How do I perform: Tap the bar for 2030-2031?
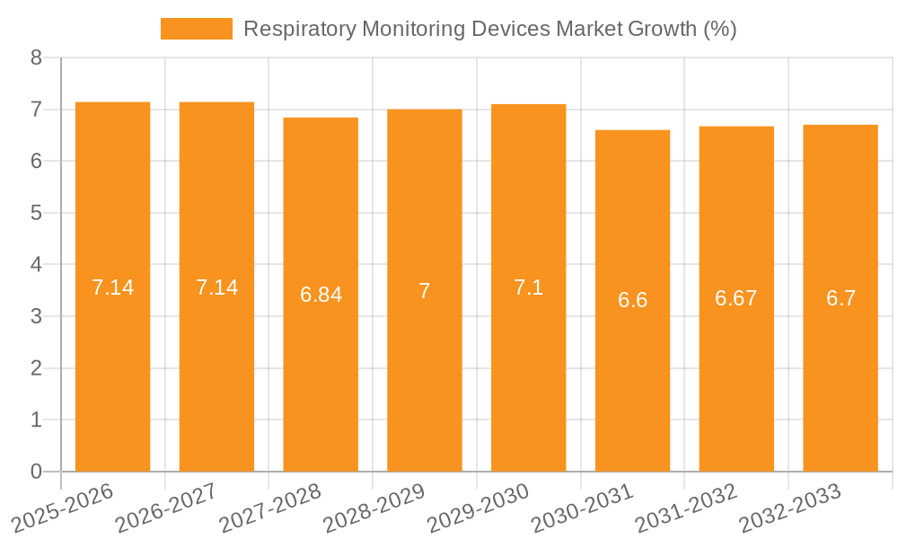pos(632,377)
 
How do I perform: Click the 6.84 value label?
pos(321,295)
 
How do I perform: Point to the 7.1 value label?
pos(528,287)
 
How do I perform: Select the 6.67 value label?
pos(736,298)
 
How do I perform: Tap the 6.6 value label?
pos(632,300)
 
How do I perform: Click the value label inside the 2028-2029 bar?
pos(425,291)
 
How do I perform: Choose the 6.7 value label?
pos(841,298)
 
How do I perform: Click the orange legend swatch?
pos(196,29)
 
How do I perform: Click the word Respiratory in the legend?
pos(299,29)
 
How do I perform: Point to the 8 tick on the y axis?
pos(36,58)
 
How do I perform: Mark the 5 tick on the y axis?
pos(36,213)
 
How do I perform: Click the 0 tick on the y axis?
pos(36,472)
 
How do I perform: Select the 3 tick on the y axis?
pos(36,316)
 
